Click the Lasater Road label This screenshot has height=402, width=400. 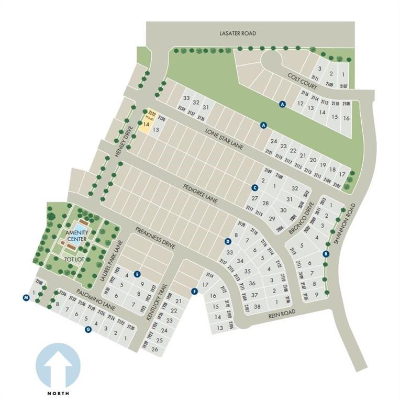pos(237,33)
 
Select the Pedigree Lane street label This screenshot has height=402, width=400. pos(201,193)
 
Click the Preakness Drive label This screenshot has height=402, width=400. pos(154,237)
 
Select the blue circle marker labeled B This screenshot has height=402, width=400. pos(326,254)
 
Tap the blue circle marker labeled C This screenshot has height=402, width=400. pos(255,187)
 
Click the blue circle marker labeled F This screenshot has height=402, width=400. pos(194,291)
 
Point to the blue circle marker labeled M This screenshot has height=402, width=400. pos(26,298)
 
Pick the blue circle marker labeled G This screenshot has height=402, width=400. pos(88,329)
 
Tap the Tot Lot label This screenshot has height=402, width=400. pos(72,259)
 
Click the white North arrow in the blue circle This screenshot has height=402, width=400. pos(58,366)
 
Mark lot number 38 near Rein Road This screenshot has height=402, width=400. pos(257,307)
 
